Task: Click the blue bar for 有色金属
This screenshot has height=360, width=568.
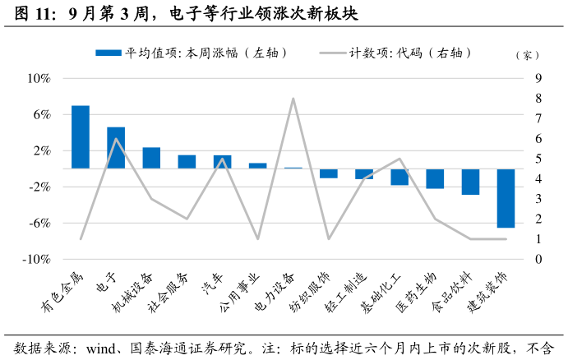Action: tap(81, 136)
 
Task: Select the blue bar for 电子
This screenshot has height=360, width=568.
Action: tap(116, 148)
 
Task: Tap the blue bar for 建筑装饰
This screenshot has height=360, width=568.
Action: tap(506, 197)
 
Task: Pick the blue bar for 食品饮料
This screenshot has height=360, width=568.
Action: tap(470, 181)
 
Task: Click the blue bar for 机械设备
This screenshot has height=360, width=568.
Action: tap(151, 158)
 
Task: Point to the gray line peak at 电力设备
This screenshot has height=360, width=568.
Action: tap(293, 99)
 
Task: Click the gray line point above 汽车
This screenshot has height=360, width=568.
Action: tap(223, 159)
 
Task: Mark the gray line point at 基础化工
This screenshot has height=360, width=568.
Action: tap(399, 159)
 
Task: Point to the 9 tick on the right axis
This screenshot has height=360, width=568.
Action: tap(538, 79)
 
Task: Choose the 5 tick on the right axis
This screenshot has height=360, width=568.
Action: tap(538, 159)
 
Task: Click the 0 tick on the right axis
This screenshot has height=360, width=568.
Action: tap(538, 259)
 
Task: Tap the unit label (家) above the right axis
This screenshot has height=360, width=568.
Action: tap(527, 56)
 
